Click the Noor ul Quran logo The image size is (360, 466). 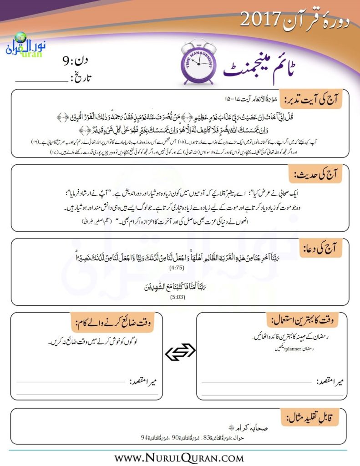click(23, 46)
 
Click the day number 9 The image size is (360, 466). click(67, 60)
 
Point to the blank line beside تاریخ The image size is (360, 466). click(41, 81)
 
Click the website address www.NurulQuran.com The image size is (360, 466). click(180, 456)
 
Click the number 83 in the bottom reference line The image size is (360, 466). click(206, 438)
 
